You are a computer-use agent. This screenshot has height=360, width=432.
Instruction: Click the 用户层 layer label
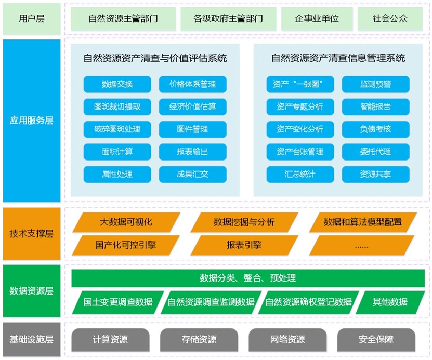31,19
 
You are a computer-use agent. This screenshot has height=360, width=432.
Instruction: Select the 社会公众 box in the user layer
390,19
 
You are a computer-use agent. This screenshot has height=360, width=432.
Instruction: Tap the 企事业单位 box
317,19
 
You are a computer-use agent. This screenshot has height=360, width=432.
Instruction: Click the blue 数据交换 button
117,84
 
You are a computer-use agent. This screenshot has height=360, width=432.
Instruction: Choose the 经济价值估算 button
193,107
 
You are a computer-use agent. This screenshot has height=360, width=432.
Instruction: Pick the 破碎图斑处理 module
117,129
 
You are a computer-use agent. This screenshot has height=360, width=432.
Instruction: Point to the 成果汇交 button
193,174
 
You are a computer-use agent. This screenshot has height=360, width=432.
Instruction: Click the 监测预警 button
375,84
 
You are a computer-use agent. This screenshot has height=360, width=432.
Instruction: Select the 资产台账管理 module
300,152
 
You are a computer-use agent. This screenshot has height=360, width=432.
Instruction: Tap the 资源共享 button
375,174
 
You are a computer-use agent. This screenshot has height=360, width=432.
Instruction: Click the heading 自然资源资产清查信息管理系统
338,58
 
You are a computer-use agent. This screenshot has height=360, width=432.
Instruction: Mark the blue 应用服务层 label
31,121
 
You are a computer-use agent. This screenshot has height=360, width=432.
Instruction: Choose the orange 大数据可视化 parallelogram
126,222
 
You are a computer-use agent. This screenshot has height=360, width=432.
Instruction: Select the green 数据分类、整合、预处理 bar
248,278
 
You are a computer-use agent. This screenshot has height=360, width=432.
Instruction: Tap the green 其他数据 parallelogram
390,302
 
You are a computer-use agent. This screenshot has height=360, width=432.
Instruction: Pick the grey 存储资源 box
199,340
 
